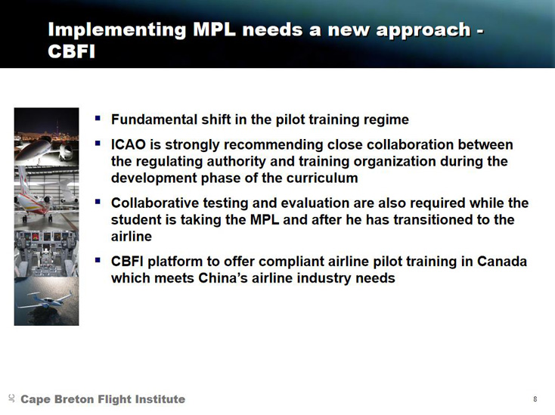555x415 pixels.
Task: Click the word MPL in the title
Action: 214,29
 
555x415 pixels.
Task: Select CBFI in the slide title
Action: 72,51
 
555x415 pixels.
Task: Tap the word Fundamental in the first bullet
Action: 154,119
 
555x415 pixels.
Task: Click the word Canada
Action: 502,262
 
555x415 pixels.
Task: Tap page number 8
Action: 535,399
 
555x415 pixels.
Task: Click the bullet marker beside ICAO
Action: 98,143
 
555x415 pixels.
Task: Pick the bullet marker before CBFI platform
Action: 98,260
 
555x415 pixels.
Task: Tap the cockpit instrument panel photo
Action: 46,253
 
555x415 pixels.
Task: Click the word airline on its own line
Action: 132,237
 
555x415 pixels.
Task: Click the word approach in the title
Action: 423,30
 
